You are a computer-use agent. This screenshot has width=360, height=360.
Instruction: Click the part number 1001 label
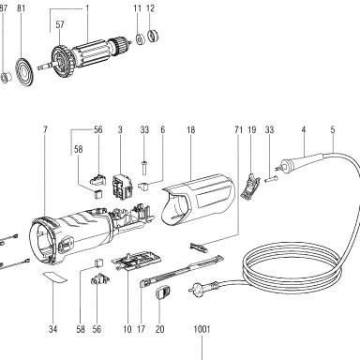pos(202,329)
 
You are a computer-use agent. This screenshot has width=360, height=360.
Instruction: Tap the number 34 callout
pos(53,329)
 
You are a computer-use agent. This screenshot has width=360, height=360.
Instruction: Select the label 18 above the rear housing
pos(190,129)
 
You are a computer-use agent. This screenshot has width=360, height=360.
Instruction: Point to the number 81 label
pos(21,8)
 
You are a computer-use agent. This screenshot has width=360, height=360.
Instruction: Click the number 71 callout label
pos(238,129)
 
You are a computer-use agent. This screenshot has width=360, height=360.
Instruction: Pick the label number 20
pos(159,329)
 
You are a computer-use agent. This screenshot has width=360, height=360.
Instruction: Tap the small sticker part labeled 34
pos(54,277)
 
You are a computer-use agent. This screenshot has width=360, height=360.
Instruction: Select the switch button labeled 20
pos(163,292)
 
